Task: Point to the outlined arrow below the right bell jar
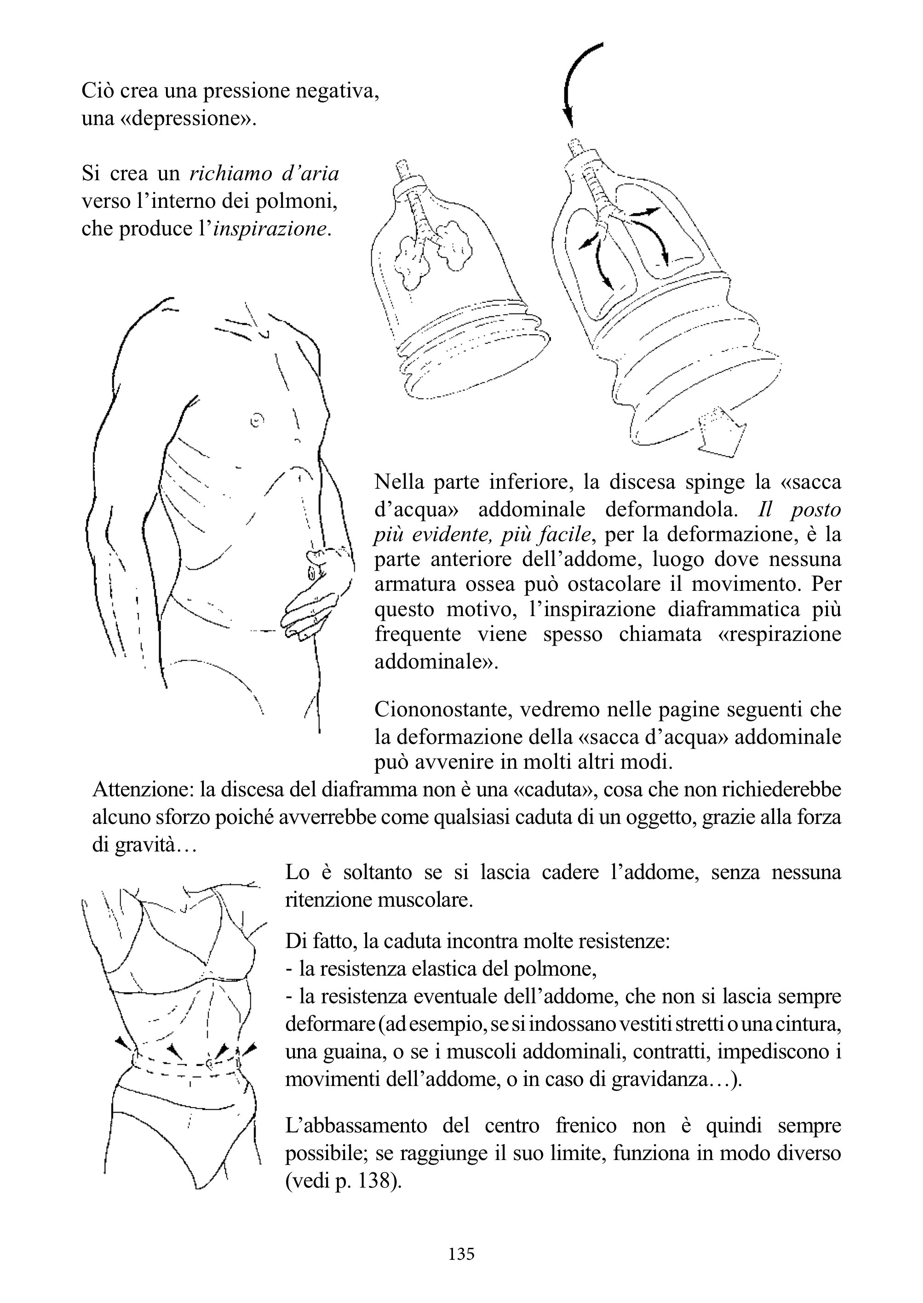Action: pos(721,431)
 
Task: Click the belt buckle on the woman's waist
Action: pos(210,1062)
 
